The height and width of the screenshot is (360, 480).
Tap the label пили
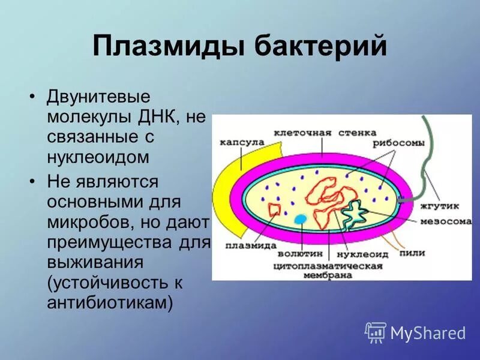point(413,253)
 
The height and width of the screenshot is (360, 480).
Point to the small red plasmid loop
point(275,210)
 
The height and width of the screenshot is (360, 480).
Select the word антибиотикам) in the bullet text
point(110,302)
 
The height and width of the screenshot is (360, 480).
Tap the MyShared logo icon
point(376,332)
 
